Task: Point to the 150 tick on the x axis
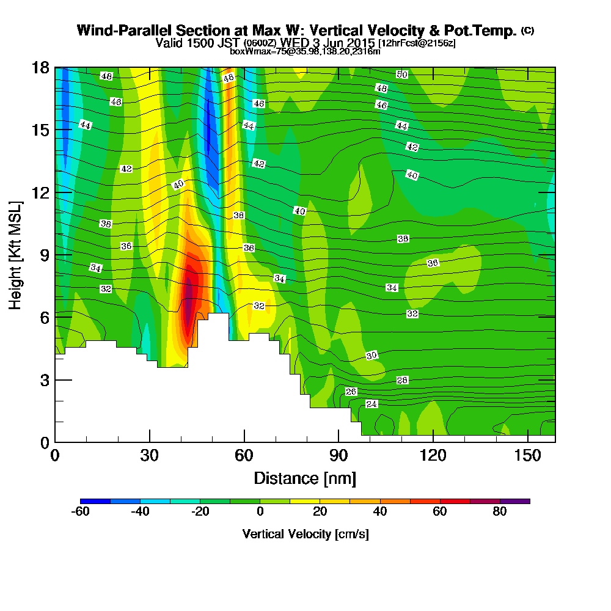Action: pyautogui.click(x=527, y=455)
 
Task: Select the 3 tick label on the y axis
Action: pyautogui.click(x=44, y=380)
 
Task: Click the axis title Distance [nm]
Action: pyautogui.click(x=305, y=478)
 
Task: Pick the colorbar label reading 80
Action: pyautogui.click(x=500, y=512)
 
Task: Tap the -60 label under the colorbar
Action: pyautogui.click(x=81, y=512)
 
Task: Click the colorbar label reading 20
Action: pyautogui.click(x=320, y=512)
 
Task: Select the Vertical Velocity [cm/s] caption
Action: pyautogui.click(x=305, y=534)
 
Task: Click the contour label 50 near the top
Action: pyautogui.click(x=401, y=75)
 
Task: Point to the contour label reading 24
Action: pyautogui.click(x=371, y=404)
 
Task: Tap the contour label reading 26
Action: pyautogui.click(x=351, y=391)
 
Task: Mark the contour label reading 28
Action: pyautogui.click(x=402, y=380)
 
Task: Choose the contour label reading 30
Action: pyautogui.click(x=371, y=356)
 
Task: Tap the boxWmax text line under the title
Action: pyautogui.click(x=305, y=51)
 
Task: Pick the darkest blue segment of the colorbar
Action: pyautogui.click(x=95, y=501)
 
